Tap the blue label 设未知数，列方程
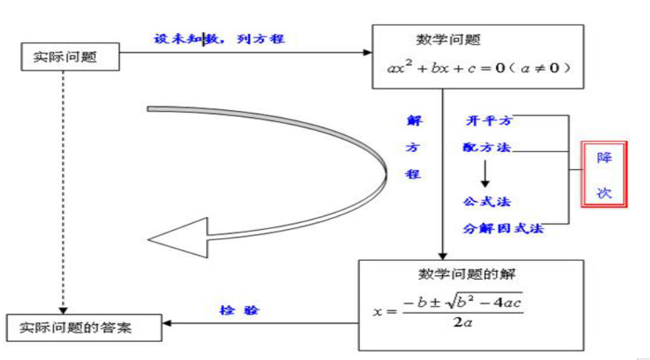(219, 39)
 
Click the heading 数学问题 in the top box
(448, 40)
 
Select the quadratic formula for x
(448, 310)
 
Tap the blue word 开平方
(489, 121)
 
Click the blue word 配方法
(487, 147)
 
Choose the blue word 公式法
(487, 202)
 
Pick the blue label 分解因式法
(503, 228)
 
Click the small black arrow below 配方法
(485, 174)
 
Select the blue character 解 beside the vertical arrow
(413, 121)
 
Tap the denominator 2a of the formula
(463, 321)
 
